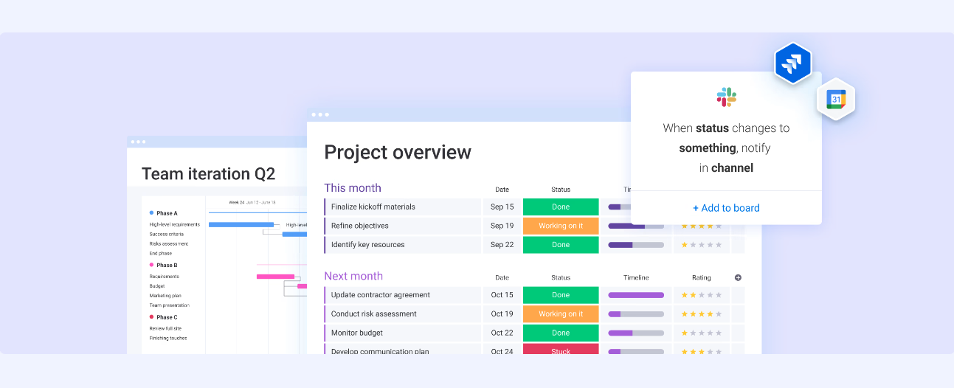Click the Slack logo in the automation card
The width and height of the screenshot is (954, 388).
click(726, 97)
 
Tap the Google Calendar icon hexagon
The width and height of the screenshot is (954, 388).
click(836, 99)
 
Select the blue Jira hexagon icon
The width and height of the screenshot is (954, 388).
click(793, 63)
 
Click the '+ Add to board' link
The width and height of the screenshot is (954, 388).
click(726, 208)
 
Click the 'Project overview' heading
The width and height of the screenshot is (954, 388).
click(398, 153)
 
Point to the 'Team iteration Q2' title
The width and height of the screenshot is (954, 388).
click(208, 174)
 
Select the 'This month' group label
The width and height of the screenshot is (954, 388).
click(353, 188)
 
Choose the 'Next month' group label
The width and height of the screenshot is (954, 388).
click(353, 276)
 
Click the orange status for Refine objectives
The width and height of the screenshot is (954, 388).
click(561, 226)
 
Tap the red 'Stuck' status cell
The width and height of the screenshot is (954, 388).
click(561, 350)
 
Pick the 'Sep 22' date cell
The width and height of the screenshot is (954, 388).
click(502, 245)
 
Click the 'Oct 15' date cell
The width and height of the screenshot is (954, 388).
click(502, 295)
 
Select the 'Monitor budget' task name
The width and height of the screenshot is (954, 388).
click(357, 333)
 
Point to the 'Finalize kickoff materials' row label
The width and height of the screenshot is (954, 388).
click(373, 207)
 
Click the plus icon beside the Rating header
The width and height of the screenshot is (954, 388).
click(738, 278)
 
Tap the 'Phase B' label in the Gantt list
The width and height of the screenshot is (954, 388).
click(167, 266)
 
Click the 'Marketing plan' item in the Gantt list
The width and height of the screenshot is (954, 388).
click(165, 296)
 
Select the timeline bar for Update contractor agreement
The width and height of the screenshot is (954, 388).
click(636, 295)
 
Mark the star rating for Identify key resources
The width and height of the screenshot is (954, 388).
click(701, 245)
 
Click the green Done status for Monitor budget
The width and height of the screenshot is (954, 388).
click(561, 333)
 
